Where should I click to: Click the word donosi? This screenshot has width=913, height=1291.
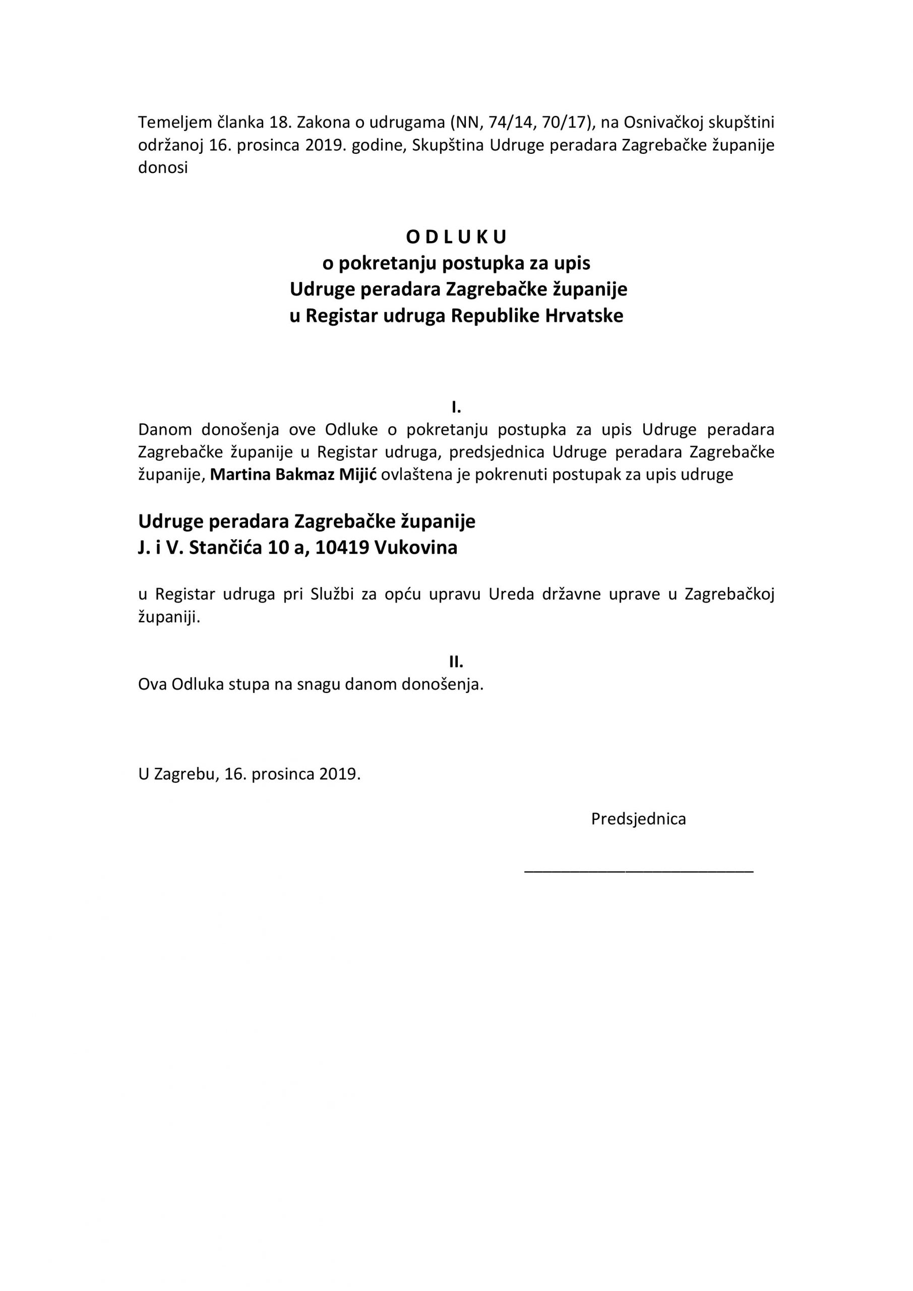(x=163, y=167)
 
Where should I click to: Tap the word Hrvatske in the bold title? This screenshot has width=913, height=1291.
(x=584, y=316)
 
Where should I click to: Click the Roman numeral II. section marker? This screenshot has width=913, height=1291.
(x=456, y=662)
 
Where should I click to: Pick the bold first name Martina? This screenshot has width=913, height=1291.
(x=240, y=475)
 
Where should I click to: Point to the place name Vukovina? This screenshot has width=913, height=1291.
(x=415, y=548)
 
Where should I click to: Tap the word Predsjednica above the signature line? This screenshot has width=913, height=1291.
(x=638, y=818)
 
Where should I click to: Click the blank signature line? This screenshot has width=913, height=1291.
(x=638, y=871)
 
